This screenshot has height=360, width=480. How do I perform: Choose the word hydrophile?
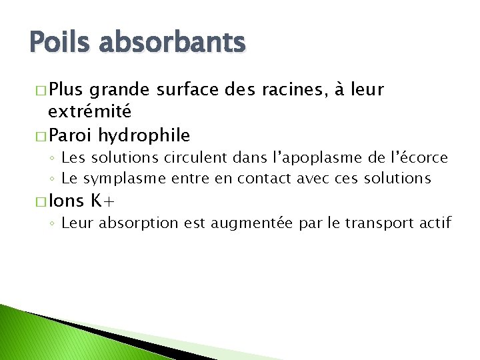coord(144,135)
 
